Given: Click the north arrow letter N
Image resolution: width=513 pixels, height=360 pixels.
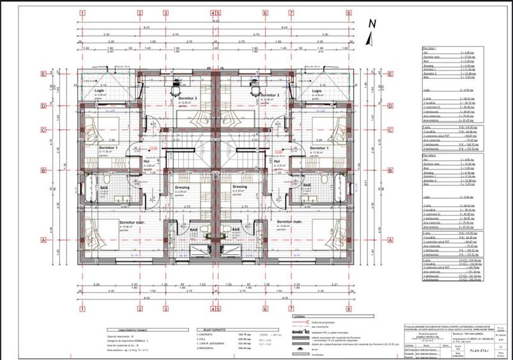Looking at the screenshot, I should (x=373, y=24).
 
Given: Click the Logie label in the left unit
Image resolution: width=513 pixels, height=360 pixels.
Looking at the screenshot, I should (x=99, y=91).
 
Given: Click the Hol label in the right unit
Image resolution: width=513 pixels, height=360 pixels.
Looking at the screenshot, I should (x=277, y=161).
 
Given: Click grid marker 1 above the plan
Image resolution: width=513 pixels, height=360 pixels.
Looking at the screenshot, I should (x=83, y=12).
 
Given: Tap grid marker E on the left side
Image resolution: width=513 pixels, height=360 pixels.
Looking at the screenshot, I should (x=43, y=74).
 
